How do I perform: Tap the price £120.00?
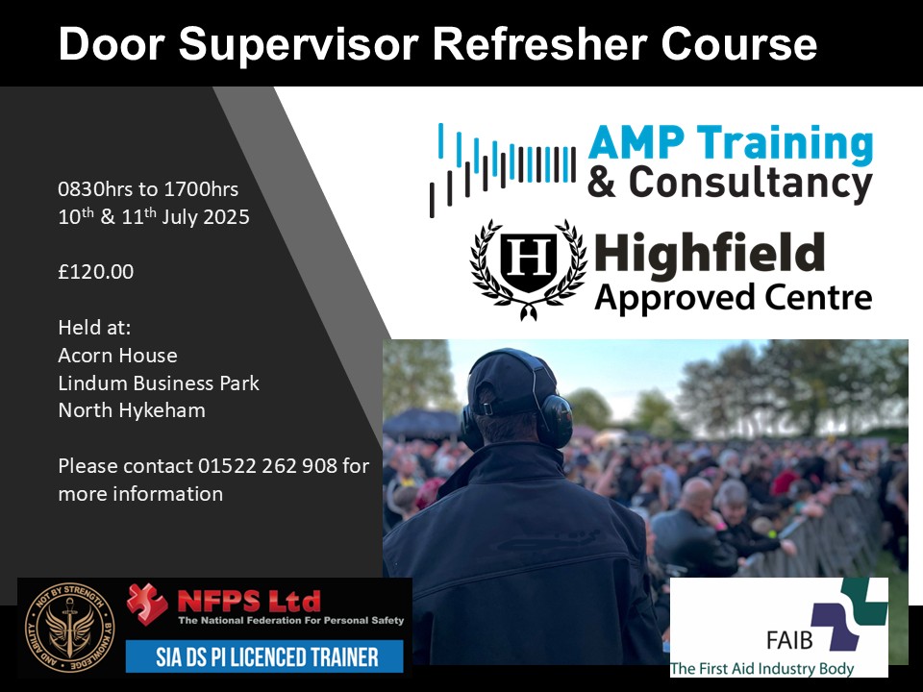(x=96, y=272)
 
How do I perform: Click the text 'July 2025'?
(x=206, y=216)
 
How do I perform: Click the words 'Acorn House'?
(x=117, y=356)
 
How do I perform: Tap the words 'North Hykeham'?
(x=132, y=410)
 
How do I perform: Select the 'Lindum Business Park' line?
(x=159, y=383)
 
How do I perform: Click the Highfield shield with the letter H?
(x=528, y=261)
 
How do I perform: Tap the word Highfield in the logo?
(x=709, y=253)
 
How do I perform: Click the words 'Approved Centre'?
(x=733, y=297)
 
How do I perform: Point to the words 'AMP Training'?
(x=731, y=143)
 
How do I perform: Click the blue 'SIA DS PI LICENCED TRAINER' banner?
(x=264, y=656)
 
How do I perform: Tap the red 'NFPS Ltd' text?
(x=249, y=602)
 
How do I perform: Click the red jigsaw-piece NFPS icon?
(x=147, y=604)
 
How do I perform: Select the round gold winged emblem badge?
(x=69, y=628)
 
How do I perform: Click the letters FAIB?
(x=790, y=640)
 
